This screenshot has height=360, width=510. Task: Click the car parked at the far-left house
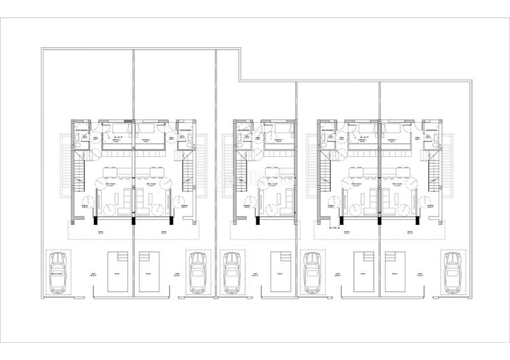coord(57,273)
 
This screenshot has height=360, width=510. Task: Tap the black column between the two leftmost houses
coord(133,221)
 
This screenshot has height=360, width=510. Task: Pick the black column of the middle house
coord(257,221)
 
